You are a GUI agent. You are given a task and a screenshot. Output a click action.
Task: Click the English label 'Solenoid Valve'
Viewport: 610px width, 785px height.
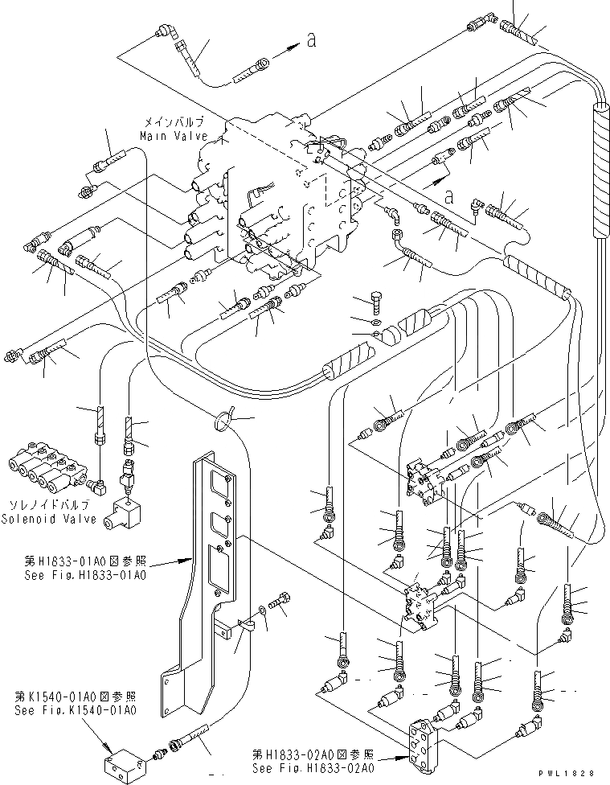point(52,519)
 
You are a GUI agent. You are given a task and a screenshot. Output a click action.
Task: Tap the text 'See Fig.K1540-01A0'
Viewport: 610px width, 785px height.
point(76,710)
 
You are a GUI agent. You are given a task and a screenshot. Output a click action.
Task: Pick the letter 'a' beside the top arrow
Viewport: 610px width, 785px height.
point(310,43)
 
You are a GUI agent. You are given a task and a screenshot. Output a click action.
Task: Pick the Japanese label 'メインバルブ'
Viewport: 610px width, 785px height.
point(171,122)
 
